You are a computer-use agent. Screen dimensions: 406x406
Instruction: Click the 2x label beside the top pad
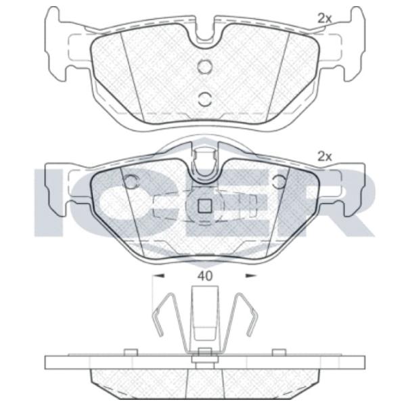point(324,18)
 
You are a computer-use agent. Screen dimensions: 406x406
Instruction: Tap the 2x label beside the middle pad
point(324,157)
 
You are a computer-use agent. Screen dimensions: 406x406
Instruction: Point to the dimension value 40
point(205,276)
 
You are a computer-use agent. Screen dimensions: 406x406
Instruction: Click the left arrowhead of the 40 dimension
point(158,276)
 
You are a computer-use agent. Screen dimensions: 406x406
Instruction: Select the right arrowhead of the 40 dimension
point(250,276)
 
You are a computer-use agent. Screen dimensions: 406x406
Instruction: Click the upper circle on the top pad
point(205,66)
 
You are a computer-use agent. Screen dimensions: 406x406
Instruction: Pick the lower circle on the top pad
point(205,99)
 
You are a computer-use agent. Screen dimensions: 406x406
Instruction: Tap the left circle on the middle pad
point(131,181)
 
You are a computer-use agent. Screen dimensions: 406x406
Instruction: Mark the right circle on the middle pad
point(279,181)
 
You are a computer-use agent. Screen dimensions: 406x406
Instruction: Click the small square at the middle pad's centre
point(205,206)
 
